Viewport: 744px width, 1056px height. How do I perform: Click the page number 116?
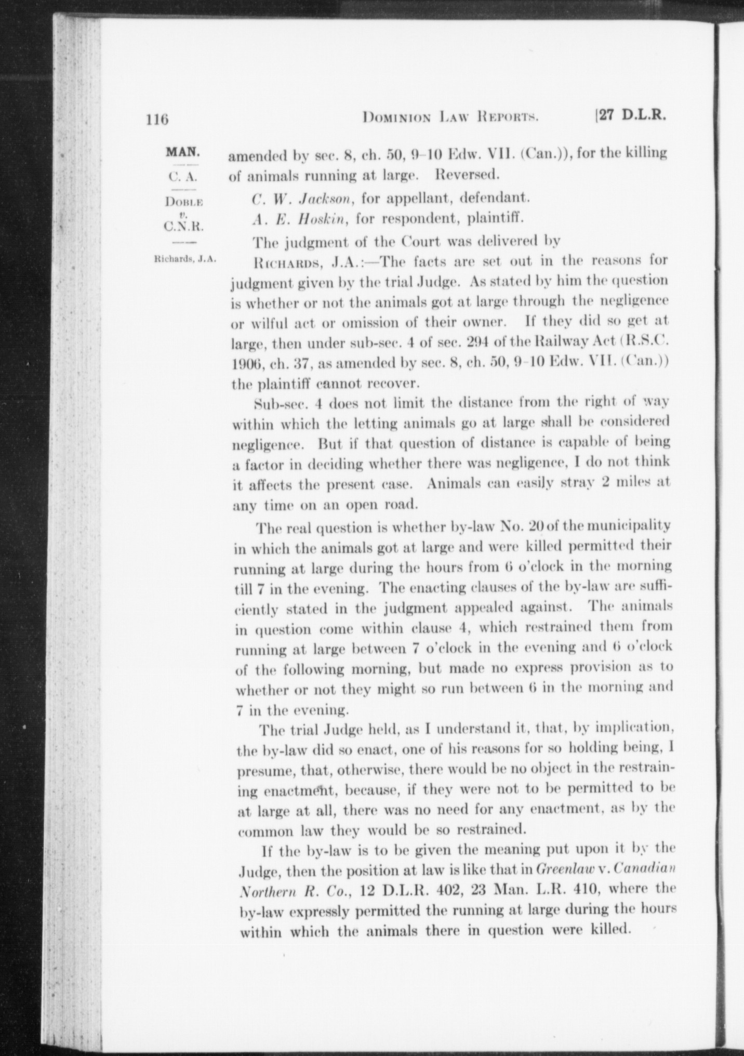pyautogui.click(x=157, y=120)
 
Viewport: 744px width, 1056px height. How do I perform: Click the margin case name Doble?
pyautogui.click(x=183, y=202)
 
